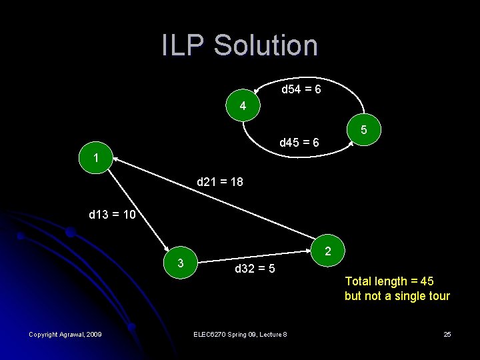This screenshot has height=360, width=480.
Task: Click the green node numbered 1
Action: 97,159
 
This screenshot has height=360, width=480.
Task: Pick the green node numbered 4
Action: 243,106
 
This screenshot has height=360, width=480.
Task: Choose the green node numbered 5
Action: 364,129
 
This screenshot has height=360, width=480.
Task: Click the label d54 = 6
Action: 301,89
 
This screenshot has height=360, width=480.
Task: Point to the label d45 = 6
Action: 299,142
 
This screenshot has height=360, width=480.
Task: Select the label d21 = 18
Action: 215,181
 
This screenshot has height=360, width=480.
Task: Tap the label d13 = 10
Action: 112,215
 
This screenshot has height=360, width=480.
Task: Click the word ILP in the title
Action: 184,45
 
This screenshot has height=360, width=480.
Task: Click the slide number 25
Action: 447,333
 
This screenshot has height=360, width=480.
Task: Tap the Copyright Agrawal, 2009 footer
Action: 65,333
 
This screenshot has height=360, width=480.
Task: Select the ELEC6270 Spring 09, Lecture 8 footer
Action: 239,333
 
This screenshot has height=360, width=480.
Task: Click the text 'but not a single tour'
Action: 397,296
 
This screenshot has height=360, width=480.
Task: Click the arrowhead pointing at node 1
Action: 115,159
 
